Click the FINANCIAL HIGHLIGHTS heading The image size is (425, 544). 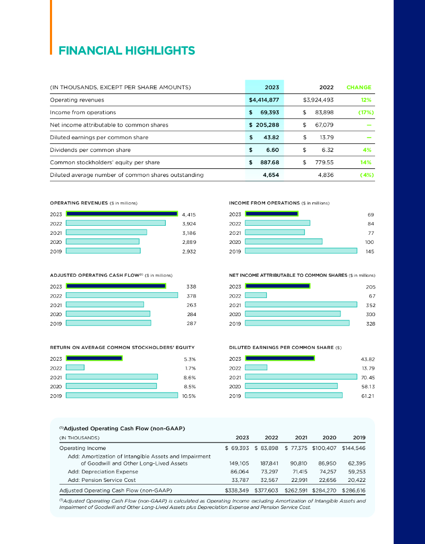[126, 51]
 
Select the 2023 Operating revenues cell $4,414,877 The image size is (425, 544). [264, 99]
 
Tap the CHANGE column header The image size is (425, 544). [359, 87]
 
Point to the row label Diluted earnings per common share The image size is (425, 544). [99, 137]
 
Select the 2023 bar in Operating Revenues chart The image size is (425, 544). [122, 214]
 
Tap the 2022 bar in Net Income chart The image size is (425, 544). [256, 295]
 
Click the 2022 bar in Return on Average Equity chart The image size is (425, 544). [75, 367]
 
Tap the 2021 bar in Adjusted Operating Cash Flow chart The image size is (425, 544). [105, 304]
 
